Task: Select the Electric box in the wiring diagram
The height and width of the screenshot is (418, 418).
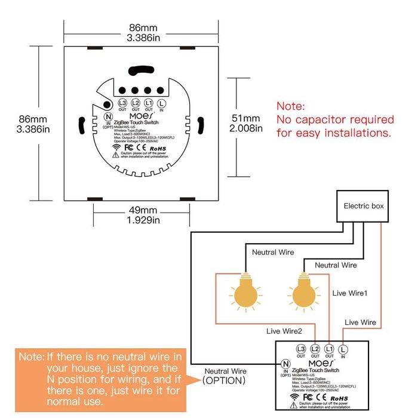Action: coord(363,207)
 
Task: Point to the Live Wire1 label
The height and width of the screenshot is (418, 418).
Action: coord(349,293)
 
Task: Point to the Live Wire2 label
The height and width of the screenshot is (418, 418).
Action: coord(284,330)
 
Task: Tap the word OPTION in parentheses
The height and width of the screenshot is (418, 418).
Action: coord(224,380)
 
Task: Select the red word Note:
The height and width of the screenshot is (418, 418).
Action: coord(291,106)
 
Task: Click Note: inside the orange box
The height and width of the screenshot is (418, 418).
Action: coord(31,356)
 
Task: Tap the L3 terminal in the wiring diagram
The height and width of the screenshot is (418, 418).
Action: coord(300,348)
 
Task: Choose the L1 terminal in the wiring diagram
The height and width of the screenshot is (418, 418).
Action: coord(329,348)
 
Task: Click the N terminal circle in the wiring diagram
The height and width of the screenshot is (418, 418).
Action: coord(285,363)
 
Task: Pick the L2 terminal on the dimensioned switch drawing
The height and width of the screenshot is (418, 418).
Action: coord(136,103)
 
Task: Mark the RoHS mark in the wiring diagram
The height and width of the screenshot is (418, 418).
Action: coord(342,397)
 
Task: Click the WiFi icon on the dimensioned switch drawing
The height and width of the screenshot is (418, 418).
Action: coord(115,146)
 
